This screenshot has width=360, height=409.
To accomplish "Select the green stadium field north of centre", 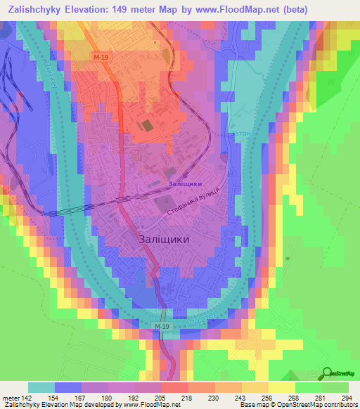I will (x=147, y=126).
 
